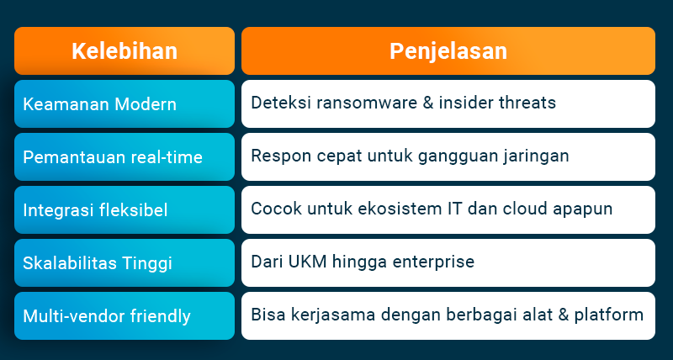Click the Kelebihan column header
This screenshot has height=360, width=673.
point(125,50)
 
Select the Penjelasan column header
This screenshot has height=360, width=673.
point(448,50)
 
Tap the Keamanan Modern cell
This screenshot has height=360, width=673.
point(125,103)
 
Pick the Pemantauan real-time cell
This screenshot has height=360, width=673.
point(125,156)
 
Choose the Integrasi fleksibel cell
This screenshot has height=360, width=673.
point(125,209)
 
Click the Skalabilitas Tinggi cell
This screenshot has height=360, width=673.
point(125,262)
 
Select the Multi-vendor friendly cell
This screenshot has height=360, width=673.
point(125,315)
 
